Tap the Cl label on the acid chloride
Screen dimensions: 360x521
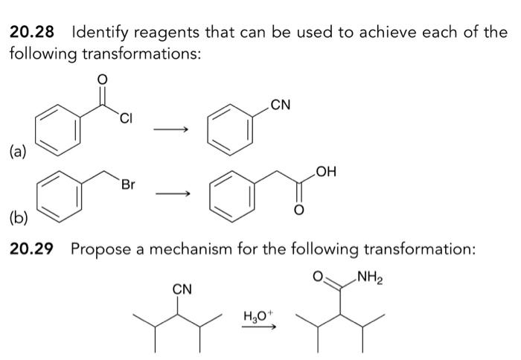coord(127,117)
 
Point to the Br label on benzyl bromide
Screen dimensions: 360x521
coord(128,184)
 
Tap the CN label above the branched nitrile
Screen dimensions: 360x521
coord(181,289)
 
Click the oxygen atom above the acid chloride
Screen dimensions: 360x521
coord(103,79)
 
